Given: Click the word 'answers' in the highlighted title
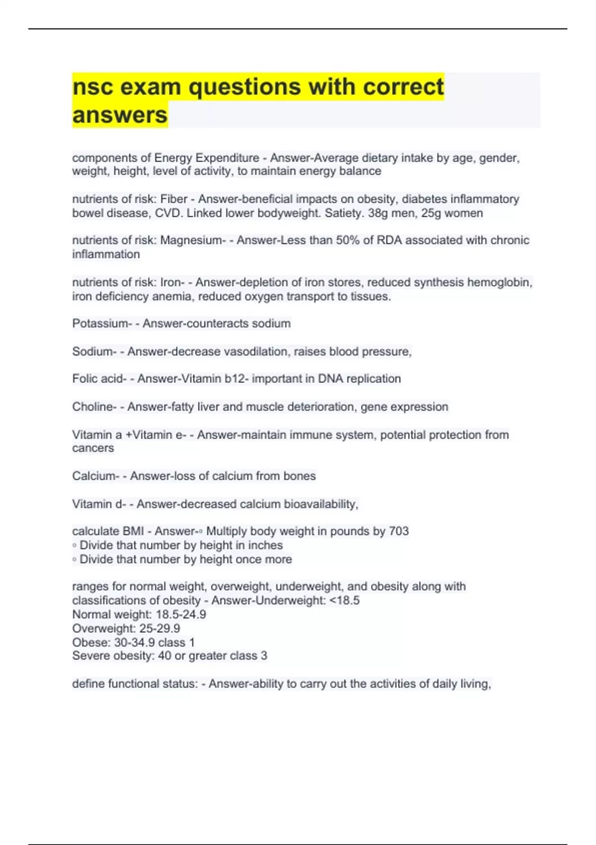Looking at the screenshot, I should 120,115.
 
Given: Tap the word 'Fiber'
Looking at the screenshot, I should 174,199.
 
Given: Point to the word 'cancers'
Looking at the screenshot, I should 93,448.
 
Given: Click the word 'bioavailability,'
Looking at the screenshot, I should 321,504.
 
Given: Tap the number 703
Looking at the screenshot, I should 399,531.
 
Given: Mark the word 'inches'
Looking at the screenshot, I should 266,545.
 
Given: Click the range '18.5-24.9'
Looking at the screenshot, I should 181,615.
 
